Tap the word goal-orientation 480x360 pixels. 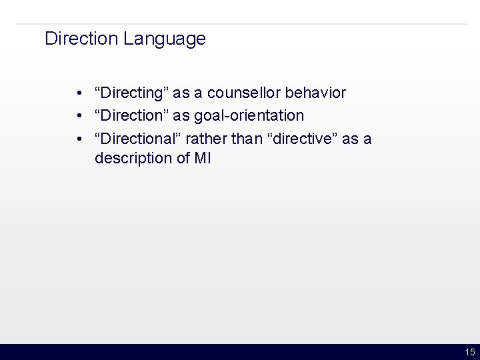click(x=249, y=116)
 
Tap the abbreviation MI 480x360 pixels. click(x=202, y=159)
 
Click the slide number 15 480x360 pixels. click(x=469, y=353)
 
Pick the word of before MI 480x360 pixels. click(x=182, y=159)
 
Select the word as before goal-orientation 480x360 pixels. click(x=181, y=116)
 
